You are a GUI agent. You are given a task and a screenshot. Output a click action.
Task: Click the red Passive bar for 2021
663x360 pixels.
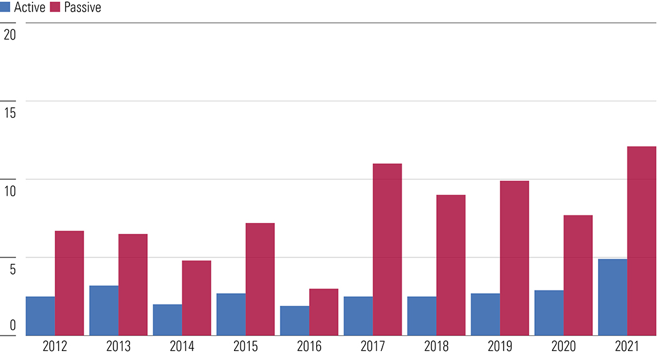click(x=641, y=241)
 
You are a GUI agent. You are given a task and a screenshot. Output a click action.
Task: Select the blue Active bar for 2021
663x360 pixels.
click(x=613, y=297)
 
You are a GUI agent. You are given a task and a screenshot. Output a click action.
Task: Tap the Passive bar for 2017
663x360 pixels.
click(x=388, y=249)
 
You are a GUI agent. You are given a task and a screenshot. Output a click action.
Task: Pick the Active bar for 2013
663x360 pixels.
click(x=104, y=310)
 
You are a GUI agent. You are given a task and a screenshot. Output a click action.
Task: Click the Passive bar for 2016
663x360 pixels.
click(x=323, y=312)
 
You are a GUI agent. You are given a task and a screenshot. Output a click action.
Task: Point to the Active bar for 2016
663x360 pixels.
click(x=295, y=320)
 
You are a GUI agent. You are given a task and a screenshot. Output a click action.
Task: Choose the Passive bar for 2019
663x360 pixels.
click(x=514, y=258)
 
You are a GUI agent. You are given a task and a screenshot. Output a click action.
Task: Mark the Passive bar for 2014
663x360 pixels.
click(x=196, y=298)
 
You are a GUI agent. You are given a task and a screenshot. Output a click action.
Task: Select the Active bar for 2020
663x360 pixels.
click(x=549, y=313)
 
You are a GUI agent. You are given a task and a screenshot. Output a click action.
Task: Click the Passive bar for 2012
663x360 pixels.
click(x=69, y=283)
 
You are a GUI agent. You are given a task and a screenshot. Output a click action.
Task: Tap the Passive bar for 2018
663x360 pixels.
click(x=451, y=265)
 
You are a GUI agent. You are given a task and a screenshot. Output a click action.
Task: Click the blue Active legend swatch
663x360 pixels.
click(x=5, y=7)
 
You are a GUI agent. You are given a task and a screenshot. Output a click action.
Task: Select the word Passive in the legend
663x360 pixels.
click(x=82, y=7)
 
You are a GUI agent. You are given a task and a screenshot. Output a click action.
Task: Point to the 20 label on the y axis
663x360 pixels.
click(x=10, y=34)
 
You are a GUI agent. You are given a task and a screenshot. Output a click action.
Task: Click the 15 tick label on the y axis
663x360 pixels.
click(x=10, y=113)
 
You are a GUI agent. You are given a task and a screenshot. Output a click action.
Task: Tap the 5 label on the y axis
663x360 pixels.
click(x=13, y=269)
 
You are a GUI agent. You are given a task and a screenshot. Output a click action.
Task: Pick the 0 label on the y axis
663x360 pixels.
click(x=13, y=326)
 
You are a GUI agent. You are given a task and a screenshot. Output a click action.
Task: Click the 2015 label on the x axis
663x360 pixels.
click(x=245, y=347)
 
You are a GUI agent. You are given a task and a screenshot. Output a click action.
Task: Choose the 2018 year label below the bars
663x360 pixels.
click(x=436, y=347)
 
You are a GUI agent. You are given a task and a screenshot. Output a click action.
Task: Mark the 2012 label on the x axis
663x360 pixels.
click(x=55, y=347)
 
